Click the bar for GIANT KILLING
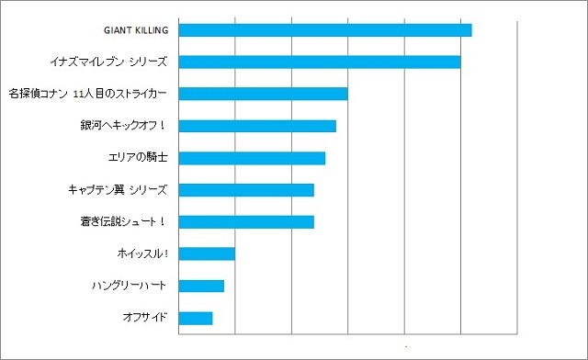point(324,30)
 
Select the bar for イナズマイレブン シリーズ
point(319,62)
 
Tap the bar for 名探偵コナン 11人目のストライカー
point(263,94)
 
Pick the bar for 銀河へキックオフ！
point(257,126)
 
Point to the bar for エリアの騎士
point(252,158)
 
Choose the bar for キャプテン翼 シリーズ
point(246,190)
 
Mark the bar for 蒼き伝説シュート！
point(246,221)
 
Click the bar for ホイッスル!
point(207,253)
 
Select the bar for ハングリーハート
point(201,286)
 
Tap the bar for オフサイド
point(196,318)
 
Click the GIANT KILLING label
point(137,30)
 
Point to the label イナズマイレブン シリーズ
point(108,62)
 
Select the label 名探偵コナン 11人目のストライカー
point(87,94)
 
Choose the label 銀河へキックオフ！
point(123,126)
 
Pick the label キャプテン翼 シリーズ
point(118,190)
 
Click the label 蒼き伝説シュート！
point(123,221)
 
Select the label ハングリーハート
point(130,286)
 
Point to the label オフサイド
point(145,318)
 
